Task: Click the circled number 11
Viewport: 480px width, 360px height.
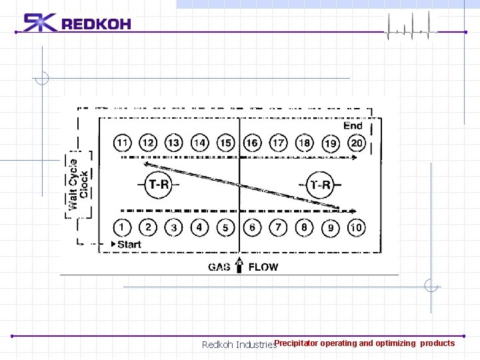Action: (x=122, y=143)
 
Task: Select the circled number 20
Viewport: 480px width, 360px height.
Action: (x=356, y=143)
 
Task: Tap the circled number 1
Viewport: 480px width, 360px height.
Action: (x=122, y=227)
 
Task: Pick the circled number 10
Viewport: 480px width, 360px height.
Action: (x=356, y=227)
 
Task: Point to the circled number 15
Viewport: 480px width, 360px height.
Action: (x=226, y=143)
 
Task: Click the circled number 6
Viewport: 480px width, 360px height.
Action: (x=252, y=227)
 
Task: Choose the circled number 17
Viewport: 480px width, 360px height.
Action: (x=278, y=143)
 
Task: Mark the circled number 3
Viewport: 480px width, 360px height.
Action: (x=173, y=227)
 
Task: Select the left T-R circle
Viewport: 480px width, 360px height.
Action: (x=158, y=185)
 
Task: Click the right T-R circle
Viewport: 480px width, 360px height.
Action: (x=321, y=185)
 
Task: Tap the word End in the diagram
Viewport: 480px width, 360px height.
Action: (x=353, y=125)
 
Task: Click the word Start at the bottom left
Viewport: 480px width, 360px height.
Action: (x=129, y=245)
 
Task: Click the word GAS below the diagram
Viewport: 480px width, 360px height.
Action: (x=219, y=267)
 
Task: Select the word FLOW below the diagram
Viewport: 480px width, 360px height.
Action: (x=263, y=267)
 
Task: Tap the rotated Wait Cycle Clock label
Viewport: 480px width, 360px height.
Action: (x=78, y=183)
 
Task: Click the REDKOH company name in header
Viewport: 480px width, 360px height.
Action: (x=96, y=25)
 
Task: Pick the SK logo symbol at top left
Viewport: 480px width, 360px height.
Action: (x=40, y=23)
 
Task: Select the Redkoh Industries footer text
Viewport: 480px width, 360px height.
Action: (x=239, y=345)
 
